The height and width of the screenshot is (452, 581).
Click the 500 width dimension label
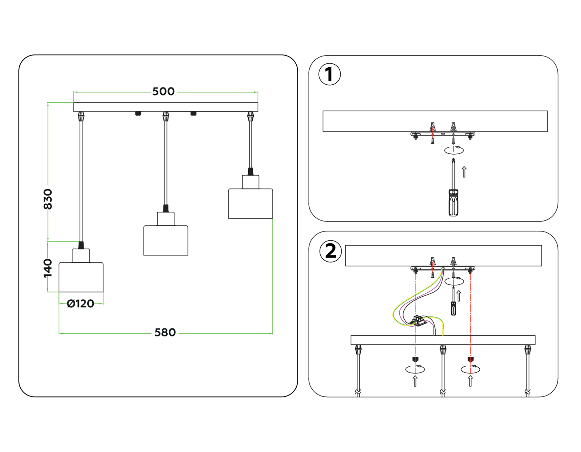(x=163, y=92)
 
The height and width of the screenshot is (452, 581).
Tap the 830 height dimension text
(x=48, y=199)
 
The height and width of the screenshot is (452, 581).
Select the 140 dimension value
(x=48, y=268)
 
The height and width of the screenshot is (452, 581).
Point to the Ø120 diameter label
(x=80, y=304)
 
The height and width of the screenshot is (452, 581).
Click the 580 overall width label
(x=165, y=333)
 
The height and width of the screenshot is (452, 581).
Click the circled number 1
(x=329, y=74)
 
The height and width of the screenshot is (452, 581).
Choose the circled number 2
(x=331, y=251)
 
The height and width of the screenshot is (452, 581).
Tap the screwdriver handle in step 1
(x=454, y=203)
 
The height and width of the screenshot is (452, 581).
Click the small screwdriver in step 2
(x=454, y=303)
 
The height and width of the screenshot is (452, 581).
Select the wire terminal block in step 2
(x=419, y=321)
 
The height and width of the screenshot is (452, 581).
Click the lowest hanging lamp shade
(x=81, y=277)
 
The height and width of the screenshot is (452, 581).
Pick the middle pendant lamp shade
(x=166, y=241)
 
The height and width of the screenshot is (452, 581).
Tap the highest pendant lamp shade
(x=250, y=204)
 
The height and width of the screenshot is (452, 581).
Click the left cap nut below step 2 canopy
(x=415, y=359)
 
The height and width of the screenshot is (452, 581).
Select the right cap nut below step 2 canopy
(x=471, y=359)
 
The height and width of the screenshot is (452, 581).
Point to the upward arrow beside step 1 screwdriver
(x=464, y=172)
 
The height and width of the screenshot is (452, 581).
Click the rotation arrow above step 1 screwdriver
(x=454, y=150)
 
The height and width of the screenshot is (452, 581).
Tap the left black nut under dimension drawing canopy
(x=138, y=114)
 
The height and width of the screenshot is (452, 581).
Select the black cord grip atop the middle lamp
(x=166, y=208)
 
